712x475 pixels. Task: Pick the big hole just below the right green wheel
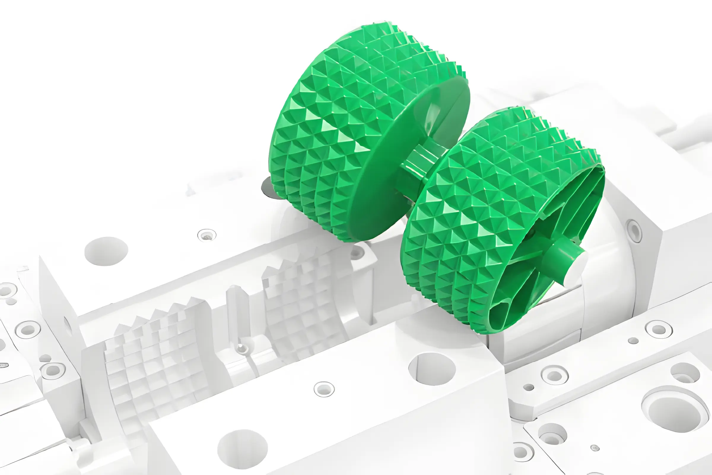point(432,369)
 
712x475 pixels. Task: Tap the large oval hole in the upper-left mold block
point(106,251)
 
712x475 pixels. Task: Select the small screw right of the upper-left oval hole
point(207,235)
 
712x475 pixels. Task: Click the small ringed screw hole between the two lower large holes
point(324,389)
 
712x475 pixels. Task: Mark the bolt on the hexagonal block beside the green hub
point(634,232)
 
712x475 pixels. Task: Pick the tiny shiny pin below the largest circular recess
point(595,448)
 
